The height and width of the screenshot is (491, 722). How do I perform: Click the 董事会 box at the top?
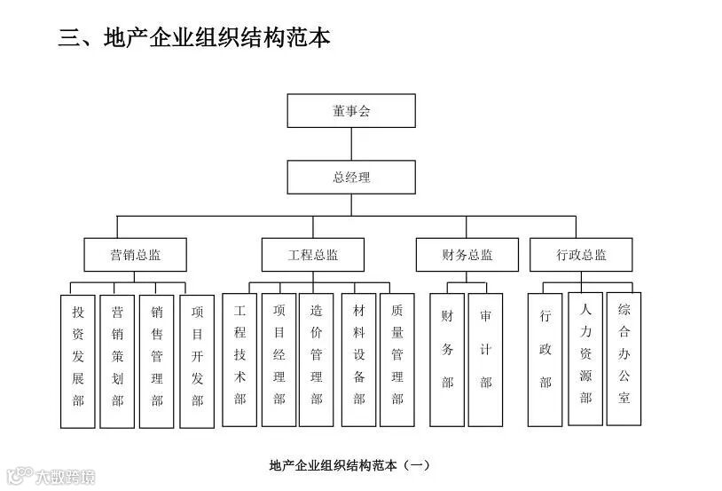tap(351, 111)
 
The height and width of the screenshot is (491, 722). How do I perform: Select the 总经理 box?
tap(351, 177)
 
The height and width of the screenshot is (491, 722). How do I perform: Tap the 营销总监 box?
tap(136, 255)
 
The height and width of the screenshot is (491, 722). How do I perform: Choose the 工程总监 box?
tap(313, 255)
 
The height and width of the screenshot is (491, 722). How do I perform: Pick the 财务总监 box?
tap(467, 255)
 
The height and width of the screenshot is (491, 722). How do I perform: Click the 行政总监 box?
tap(582, 255)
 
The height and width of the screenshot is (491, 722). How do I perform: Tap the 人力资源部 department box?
tap(585, 359)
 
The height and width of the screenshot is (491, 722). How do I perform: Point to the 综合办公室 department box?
tap(624, 359)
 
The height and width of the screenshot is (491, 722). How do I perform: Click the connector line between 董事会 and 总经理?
tap(351, 144)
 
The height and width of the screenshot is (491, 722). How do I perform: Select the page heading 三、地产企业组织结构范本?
tap(194, 38)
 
